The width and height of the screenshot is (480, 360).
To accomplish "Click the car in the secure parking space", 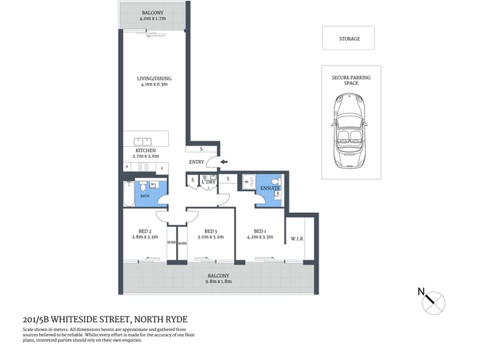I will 347,133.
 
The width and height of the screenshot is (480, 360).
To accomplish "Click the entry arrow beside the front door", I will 223,161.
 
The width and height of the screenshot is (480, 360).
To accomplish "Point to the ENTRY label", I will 196,161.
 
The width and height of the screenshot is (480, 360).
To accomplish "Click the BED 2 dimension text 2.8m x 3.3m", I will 144,237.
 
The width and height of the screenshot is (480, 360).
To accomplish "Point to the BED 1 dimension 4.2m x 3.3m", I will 260,237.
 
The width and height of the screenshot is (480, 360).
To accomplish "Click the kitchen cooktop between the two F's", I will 145,167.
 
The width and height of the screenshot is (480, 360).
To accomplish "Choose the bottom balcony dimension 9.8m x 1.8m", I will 218,281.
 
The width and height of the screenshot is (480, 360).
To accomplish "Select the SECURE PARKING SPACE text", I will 347,79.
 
